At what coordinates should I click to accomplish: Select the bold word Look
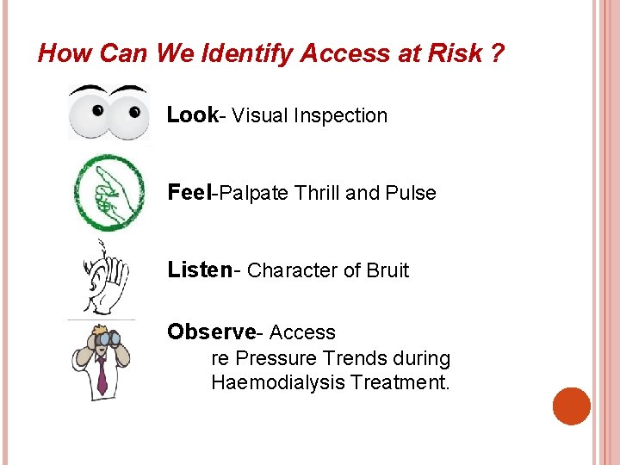point(192,115)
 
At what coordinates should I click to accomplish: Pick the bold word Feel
point(189,193)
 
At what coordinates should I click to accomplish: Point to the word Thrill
point(317,193)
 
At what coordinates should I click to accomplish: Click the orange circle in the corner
point(571,406)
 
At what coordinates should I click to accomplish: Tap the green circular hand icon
point(108,193)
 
